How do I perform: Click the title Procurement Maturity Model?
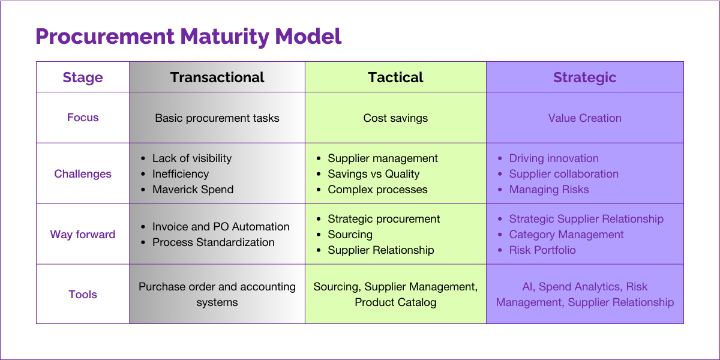pos(188,37)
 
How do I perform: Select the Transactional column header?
pos(217,77)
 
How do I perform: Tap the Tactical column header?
pos(395,77)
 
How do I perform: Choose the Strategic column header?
pos(584,77)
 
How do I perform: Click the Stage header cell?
pos(83,77)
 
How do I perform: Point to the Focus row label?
pos(83,118)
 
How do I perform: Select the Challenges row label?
pos(83,174)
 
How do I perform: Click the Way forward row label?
pos(83,235)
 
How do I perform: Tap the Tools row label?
pos(83,295)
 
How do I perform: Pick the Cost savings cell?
pos(395,118)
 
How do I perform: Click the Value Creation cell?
pos(584,118)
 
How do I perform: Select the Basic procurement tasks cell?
pos(217,118)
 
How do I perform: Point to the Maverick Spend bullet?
pos(193,190)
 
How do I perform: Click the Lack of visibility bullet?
pos(191,158)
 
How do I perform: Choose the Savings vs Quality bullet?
pos(373,174)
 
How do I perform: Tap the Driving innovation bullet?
pos(553,158)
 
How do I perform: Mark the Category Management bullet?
pos(566,235)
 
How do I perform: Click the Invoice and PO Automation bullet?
pos(221,227)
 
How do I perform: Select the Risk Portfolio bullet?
pos(542,250)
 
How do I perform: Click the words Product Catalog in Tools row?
pos(395,302)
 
